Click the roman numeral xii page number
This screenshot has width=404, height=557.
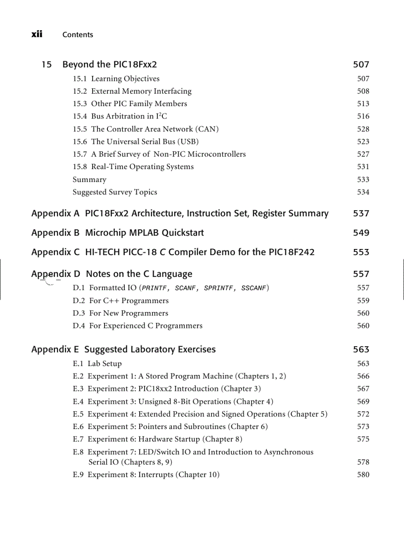tap(37, 34)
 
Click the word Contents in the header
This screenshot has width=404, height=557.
tap(78, 35)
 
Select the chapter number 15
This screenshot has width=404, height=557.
tap(47, 64)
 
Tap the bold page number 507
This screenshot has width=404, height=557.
tap(361, 64)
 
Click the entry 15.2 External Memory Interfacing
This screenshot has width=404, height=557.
tap(132, 91)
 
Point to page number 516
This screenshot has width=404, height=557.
tap(363, 117)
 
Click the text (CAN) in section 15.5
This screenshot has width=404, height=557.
tap(207, 129)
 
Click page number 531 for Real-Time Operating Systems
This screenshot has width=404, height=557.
tap(363, 167)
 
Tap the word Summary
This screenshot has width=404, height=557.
tap(89, 180)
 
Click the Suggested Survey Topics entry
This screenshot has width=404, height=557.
tap(115, 192)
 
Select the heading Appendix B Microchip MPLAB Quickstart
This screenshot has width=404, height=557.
tap(117, 233)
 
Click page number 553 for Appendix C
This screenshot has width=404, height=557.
tap(361, 252)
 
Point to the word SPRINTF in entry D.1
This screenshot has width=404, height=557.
tap(219, 288)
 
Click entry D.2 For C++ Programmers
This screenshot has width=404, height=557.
tap(120, 301)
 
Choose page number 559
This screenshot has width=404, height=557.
tap(363, 301)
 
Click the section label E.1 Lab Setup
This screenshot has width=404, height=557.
tap(97, 364)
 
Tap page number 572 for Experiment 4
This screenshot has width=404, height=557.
tap(363, 414)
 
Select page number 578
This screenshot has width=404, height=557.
tap(363, 462)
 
